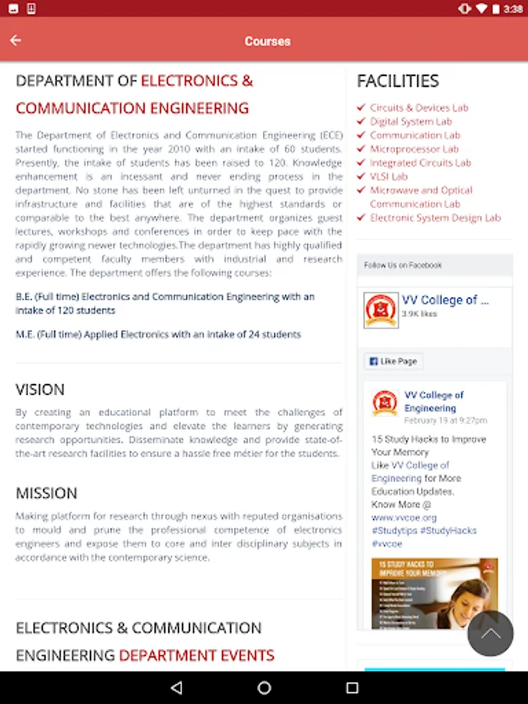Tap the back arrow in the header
click(x=16, y=41)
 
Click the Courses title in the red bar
click(x=267, y=41)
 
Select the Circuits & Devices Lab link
click(x=418, y=108)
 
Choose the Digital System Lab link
click(x=411, y=121)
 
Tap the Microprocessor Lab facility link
click(x=414, y=149)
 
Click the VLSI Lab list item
click(x=389, y=176)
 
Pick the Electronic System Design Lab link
click(x=435, y=217)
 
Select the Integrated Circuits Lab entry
click(x=420, y=163)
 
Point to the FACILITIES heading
click(x=397, y=81)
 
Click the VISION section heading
click(x=40, y=390)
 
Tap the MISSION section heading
click(x=46, y=494)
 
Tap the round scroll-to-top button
click(x=490, y=634)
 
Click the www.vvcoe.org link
click(x=404, y=517)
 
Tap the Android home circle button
click(x=264, y=688)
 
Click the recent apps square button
click(x=352, y=688)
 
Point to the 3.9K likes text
click(x=419, y=314)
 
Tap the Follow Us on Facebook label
click(x=403, y=265)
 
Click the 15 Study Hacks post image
click(x=434, y=593)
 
